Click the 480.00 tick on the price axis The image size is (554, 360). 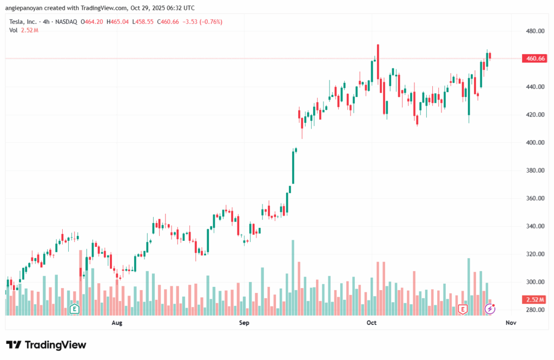click(535, 31)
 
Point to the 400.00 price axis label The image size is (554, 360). click(535, 142)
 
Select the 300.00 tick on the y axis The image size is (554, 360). click(535, 282)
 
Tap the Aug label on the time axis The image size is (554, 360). click(116, 323)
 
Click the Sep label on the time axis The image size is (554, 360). click(244, 323)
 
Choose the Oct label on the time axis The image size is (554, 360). click(371, 323)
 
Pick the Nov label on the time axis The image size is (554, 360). click(511, 323)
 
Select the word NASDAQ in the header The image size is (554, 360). click(65, 22)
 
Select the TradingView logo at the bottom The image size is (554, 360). click(46, 345)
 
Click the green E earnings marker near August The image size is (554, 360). click(74, 309)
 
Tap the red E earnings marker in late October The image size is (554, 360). click(463, 309)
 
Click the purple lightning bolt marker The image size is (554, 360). click(490, 309)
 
